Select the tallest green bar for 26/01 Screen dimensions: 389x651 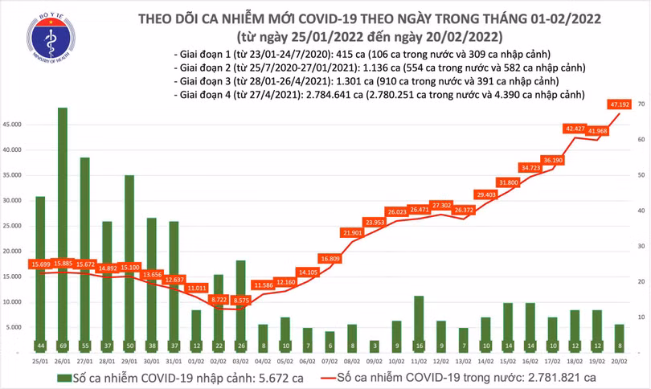[x=62, y=225]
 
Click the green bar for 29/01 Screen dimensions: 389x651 [x=129, y=257]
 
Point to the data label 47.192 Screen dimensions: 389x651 [x=618, y=104]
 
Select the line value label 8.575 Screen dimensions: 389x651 [x=241, y=300]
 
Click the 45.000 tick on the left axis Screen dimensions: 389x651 [x=14, y=125]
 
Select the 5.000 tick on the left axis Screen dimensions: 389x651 [x=15, y=327]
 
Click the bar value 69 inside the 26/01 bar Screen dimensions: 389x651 [x=62, y=346]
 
